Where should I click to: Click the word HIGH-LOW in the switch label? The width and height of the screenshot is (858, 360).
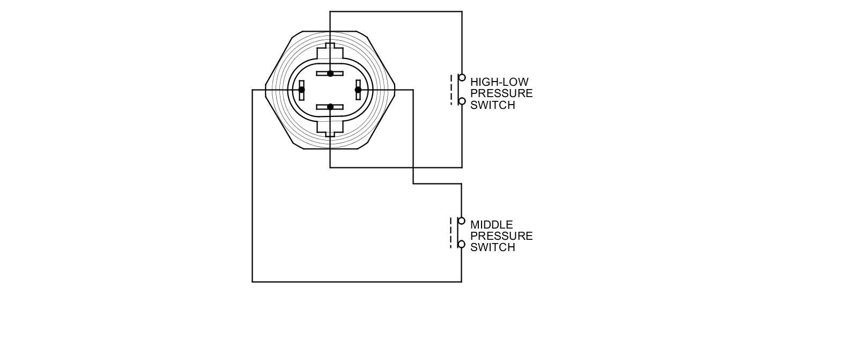499,82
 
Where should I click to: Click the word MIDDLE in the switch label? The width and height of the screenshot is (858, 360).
491,225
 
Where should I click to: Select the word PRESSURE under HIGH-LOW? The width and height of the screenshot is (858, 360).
501,93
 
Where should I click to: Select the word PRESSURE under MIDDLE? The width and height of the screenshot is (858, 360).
501,236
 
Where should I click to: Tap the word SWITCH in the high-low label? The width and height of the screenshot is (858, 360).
492,105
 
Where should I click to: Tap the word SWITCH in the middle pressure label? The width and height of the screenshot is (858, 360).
492,247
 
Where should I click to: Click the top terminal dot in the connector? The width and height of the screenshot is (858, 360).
330,74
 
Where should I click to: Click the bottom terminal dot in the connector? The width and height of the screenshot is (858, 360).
330,107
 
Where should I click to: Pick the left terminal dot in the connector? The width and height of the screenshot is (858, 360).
301,90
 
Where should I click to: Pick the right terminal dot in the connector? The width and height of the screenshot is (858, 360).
358,90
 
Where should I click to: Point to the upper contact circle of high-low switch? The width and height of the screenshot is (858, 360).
462,78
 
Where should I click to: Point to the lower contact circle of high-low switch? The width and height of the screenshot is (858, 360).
462,101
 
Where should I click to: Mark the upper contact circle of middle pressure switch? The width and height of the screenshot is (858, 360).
461,221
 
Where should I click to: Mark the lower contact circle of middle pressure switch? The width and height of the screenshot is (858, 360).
461,245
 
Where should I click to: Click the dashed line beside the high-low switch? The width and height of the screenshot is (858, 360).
452,90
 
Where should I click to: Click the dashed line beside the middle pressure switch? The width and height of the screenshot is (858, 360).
451,233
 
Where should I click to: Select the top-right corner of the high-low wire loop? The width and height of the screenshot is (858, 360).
462,12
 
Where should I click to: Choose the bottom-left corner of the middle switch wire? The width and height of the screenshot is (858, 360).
253,281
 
